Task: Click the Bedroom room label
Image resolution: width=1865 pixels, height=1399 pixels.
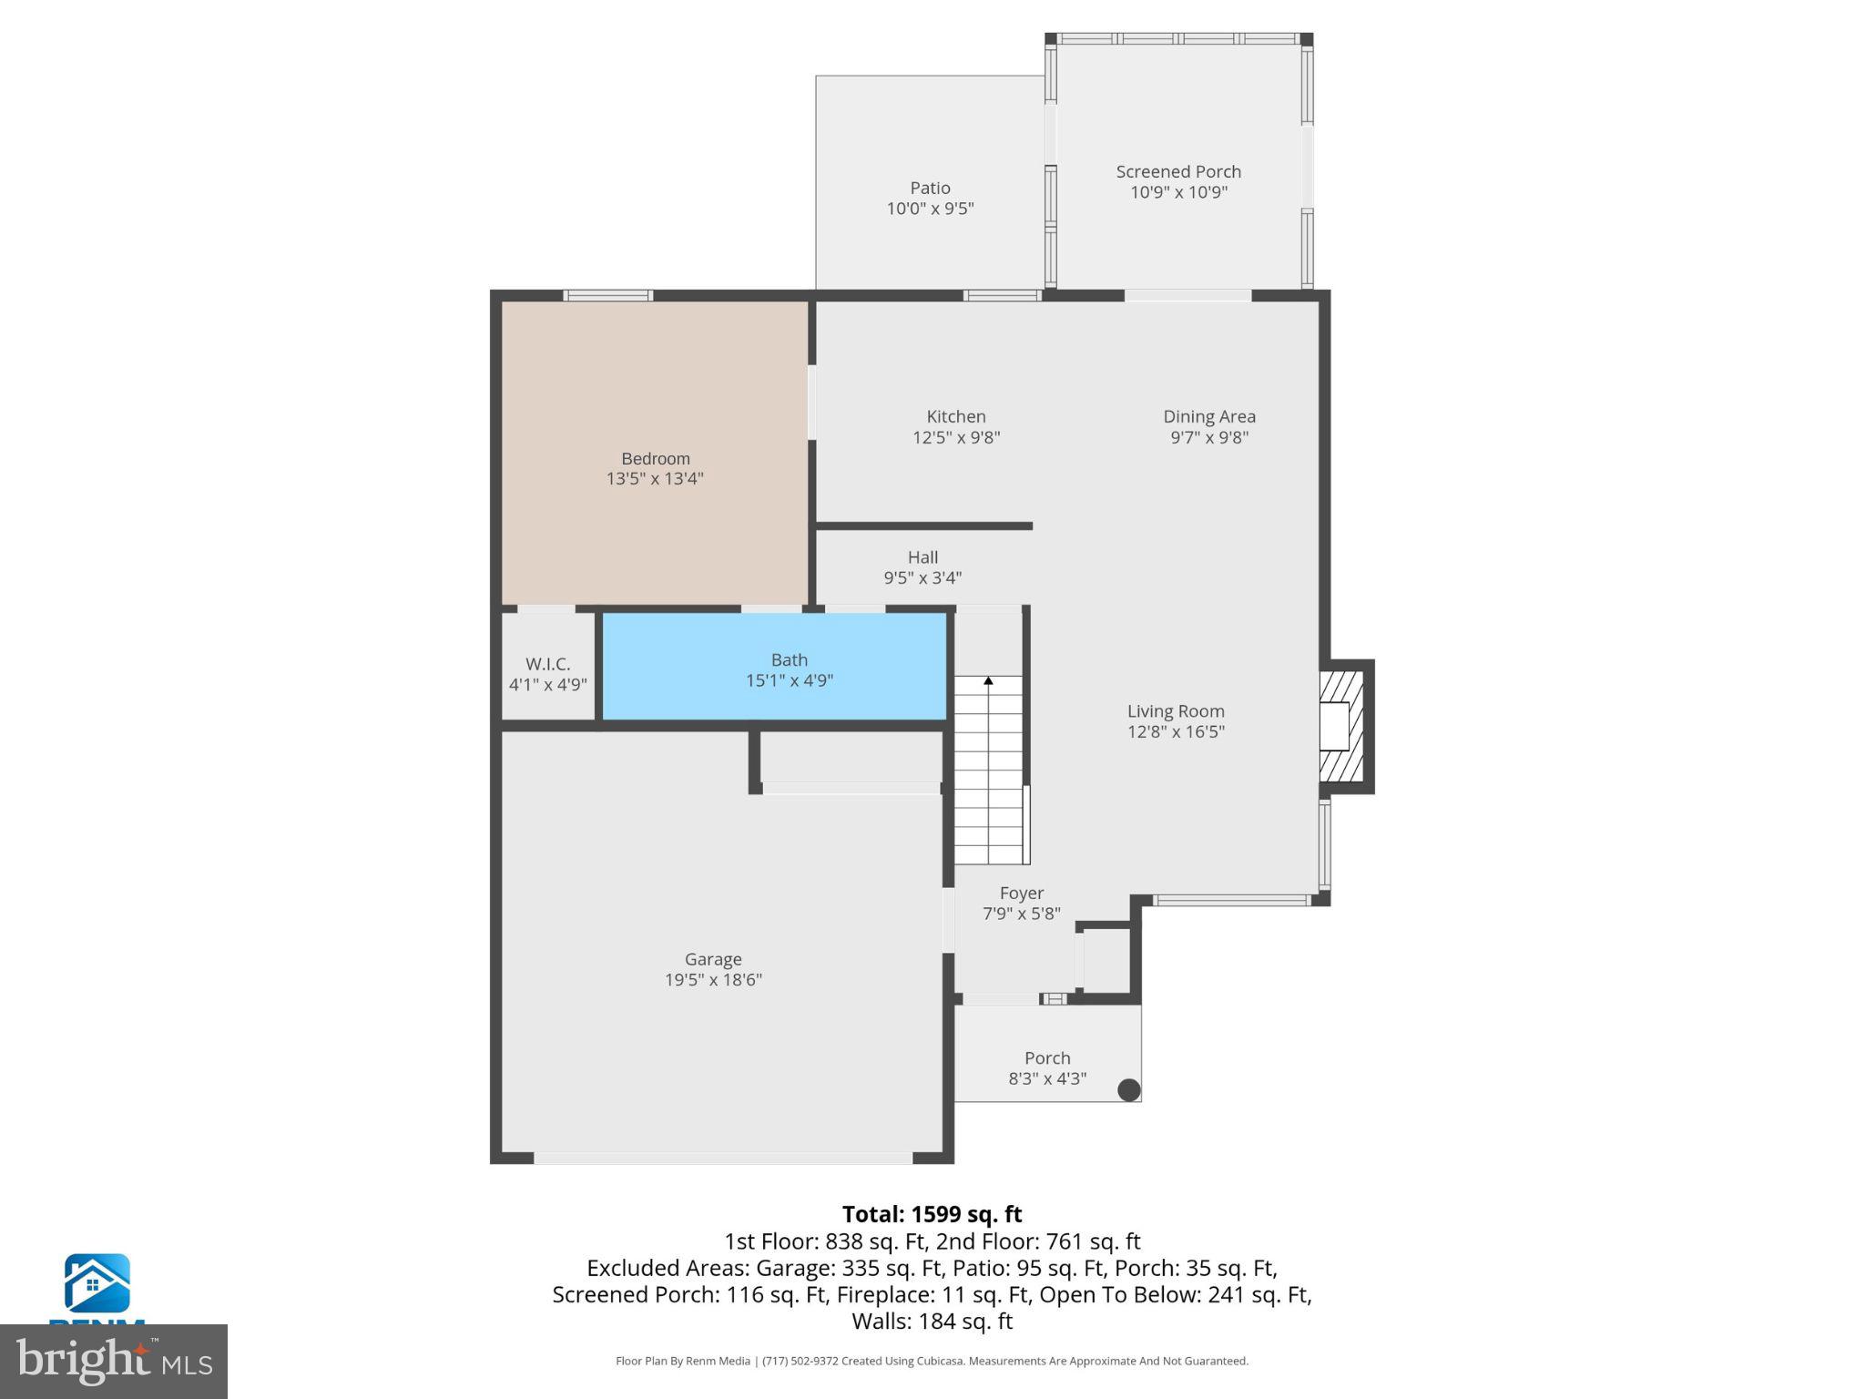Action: (656, 458)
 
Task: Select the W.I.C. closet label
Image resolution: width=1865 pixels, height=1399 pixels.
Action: (547, 664)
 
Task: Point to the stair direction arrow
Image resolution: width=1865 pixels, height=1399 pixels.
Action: (988, 680)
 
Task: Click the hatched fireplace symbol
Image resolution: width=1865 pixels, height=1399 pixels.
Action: (1341, 726)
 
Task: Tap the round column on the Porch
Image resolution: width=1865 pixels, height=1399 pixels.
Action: (1128, 1089)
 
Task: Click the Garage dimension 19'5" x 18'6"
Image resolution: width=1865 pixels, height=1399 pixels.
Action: (713, 980)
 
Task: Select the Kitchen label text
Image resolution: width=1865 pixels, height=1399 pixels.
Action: (956, 416)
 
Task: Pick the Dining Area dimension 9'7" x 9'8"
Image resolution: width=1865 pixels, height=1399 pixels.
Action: (1209, 437)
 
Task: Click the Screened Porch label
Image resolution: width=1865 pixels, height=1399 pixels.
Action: (1178, 171)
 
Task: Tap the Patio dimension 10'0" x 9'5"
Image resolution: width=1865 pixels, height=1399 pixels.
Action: (930, 209)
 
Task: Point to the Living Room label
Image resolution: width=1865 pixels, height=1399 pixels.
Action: (1176, 711)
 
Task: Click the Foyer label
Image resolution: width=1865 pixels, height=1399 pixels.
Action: (1021, 894)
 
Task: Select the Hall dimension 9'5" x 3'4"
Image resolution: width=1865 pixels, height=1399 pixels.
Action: (922, 577)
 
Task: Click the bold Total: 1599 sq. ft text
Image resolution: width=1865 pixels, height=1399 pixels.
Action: (932, 1214)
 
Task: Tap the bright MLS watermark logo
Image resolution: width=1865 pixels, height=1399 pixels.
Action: (113, 1361)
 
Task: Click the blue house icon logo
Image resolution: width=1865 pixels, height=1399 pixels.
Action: (97, 1282)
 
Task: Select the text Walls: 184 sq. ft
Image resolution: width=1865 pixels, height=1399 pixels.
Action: (932, 1321)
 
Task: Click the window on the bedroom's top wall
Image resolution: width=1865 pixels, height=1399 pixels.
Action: (607, 295)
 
